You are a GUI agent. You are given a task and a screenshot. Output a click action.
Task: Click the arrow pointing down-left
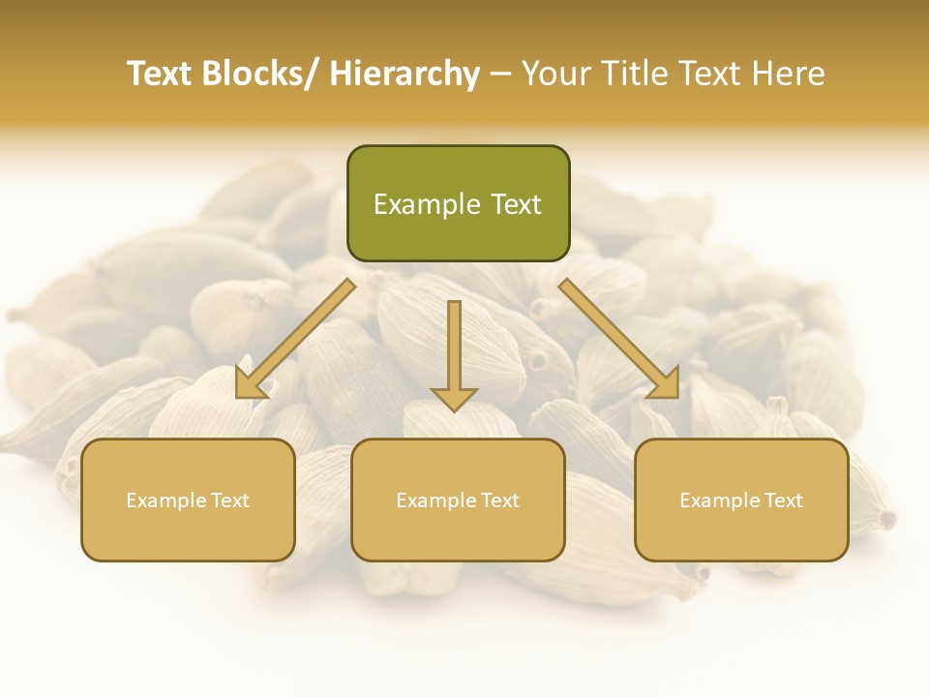pos(295,339)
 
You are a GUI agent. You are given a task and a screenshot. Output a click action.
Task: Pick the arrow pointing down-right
pos(619,339)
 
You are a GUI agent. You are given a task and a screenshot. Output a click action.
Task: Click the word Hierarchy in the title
pos(405,74)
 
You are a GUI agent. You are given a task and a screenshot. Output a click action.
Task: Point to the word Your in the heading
pos(556,74)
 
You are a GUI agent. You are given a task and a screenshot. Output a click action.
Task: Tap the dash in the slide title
pos(500,74)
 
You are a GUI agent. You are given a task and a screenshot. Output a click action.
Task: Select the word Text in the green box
pos(515,204)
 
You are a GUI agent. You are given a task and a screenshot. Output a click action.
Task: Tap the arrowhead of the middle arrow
pos(454,397)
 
